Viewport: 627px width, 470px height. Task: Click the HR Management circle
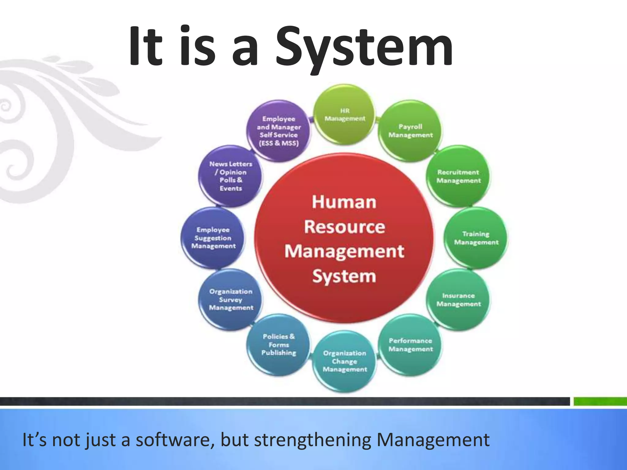click(x=345, y=114)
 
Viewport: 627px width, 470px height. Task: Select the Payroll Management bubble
click(x=410, y=131)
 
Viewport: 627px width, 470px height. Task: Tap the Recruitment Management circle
click(x=458, y=177)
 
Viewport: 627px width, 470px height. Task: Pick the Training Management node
click(x=476, y=238)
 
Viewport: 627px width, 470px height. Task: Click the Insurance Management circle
click(x=458, y=300)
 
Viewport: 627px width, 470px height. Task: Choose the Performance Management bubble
click(x=410, y=345)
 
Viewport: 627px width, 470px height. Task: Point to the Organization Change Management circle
click(x=345, y=361)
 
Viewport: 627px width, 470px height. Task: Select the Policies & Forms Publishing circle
click(x=279, y=345)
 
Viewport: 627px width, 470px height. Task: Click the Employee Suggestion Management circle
click(x=213, y=238)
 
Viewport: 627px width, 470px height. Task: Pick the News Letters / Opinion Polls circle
click(x=231, y=176)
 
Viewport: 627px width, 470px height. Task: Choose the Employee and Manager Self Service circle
click(x=279, y=131)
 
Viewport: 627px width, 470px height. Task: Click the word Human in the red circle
click(x=344, y=202)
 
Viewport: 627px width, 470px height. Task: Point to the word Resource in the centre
click(x=344, y=227)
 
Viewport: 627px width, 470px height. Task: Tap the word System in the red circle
click(x=344, y=276)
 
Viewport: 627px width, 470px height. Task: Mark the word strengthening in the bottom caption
click(x=313, y=440)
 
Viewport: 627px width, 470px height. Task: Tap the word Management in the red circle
click(x=344, y=252)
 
